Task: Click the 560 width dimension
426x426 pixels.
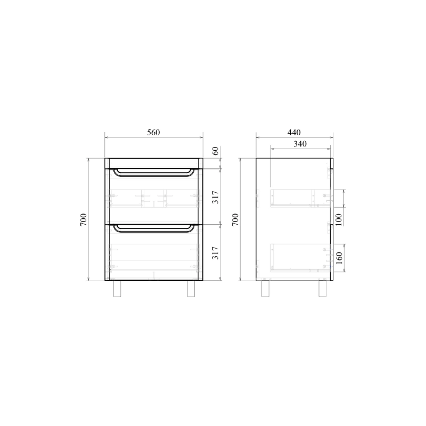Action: click(x=153, y=132)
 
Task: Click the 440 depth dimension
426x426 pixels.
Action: click(x=294, y=132)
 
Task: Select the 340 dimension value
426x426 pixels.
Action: click(x=300, y=144)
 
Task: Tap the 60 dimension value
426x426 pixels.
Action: click(x=215, y=151)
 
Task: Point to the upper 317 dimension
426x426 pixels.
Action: click(x=215, y=197)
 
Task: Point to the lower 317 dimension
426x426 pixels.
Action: click(x=215, y=252)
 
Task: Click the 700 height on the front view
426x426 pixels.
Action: click(x=84, y=219)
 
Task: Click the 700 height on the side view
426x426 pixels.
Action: click(x=235, y=219)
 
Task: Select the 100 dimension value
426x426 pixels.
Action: click(x=339, y=219)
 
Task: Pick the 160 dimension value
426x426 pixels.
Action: click(x=339, y=258)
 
